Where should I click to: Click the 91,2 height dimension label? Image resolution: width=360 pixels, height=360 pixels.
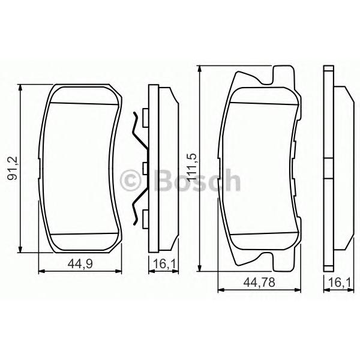click(13, 168)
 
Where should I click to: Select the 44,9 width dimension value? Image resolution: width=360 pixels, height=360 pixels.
click(80, 264)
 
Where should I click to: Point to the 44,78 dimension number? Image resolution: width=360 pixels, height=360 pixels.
click(259, 282)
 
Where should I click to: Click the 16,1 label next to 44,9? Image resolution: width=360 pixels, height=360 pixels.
click(164, 264)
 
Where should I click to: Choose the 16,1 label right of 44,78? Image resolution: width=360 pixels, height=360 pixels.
click(340, 282)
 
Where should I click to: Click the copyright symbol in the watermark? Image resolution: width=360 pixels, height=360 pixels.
click(130, 181)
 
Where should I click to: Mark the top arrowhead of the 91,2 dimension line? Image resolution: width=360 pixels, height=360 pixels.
click(20, 88)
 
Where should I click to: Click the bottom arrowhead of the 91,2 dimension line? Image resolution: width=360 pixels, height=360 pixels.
click(20, 249)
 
